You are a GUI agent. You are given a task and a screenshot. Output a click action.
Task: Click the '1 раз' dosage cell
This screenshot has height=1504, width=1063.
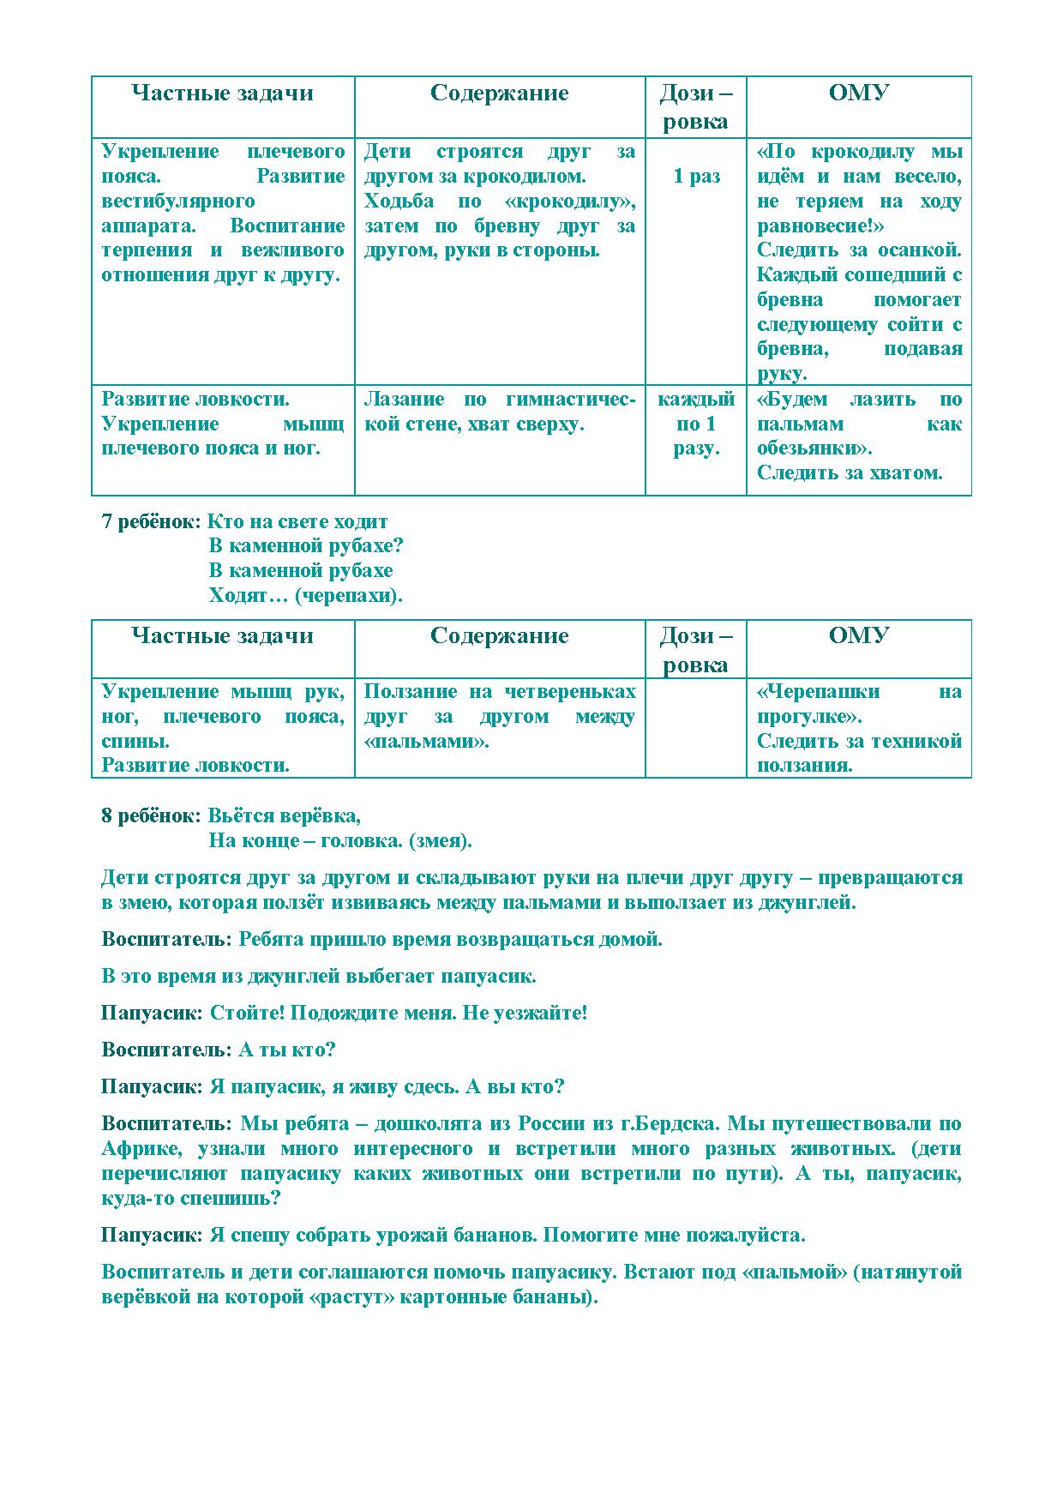pos(695,177)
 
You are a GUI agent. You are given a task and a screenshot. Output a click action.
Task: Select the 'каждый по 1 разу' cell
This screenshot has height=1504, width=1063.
pos(695,424)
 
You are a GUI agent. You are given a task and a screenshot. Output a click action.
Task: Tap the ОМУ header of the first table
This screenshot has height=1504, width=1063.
pos(858,93)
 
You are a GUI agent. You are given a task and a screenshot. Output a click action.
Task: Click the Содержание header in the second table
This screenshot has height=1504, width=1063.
pos(499,636)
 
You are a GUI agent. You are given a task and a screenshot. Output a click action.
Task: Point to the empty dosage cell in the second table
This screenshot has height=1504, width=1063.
pos(695,728)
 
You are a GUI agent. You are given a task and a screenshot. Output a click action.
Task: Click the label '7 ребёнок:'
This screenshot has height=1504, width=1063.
pos(152,521)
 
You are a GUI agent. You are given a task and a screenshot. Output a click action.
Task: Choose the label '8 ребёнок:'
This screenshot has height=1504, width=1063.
pos(152,815)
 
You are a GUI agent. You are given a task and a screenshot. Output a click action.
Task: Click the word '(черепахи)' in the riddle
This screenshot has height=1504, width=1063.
pos(348,596)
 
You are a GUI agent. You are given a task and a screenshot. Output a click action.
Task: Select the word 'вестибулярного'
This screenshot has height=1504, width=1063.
pos(178,202)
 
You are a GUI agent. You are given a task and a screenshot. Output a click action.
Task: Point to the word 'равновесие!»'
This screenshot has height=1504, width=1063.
pos(820,226)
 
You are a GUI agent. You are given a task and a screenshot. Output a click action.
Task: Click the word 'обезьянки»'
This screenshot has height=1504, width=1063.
pos(814,448)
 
